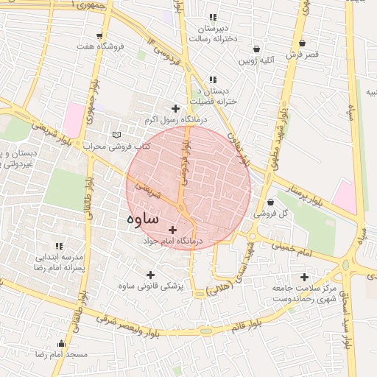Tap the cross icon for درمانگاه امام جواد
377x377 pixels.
(173, 230)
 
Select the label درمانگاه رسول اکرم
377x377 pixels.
(175, 119)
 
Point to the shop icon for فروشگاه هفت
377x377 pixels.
(99, 35)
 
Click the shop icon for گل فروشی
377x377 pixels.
(271, 202)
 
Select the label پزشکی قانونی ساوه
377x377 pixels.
(151, 284)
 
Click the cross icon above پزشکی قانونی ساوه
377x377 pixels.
(151, 274)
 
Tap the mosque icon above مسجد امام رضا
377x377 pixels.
(61, 344)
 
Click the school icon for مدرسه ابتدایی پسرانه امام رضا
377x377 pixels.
(58, 247)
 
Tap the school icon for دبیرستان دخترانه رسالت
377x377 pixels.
(214, 17)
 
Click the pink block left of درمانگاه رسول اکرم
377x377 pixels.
(74, 119)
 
